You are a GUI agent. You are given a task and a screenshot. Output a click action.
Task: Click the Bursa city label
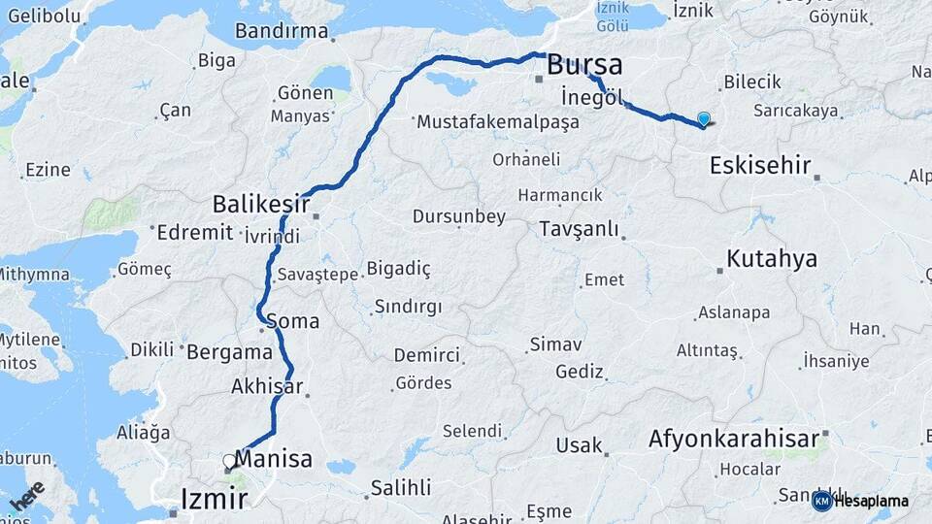(x=584, y=65)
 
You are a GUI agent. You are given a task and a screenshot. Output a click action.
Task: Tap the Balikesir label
(x=260, y=205)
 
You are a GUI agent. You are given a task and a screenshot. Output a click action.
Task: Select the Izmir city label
(x=215, y=499)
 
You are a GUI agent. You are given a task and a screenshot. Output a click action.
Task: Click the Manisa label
(x=274, y=459)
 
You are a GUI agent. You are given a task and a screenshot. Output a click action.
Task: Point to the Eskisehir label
(x=760, y=165)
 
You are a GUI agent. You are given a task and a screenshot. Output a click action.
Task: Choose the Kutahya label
(x=772, y=259)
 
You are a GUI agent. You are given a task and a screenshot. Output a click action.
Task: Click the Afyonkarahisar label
(x=734, y=439)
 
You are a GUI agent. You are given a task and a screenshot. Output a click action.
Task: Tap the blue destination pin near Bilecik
(x=704, y=119)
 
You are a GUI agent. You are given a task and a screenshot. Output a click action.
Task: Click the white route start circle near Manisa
(x=229, y=461)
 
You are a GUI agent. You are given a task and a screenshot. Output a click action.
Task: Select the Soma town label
(x=292, y=320)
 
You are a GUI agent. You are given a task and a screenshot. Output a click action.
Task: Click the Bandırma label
(x=282, y=31)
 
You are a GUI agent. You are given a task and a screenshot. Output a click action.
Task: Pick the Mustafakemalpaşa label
(x=497, y=123)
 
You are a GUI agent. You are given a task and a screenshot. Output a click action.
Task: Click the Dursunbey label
(x=458, y=216)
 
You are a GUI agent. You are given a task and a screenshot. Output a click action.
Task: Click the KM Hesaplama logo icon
(x=821, y=501)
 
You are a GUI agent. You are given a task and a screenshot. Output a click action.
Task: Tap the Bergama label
(x=229, y=351)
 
